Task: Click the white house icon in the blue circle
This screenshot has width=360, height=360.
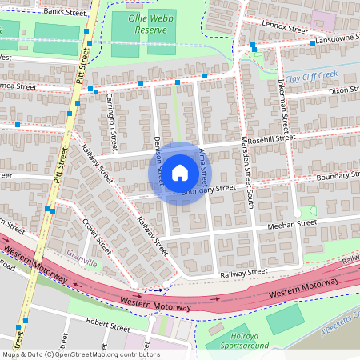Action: [x=180, y=173]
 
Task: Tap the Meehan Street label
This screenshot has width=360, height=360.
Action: [x=286, y=226]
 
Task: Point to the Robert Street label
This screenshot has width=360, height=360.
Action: [x=109, y=327]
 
